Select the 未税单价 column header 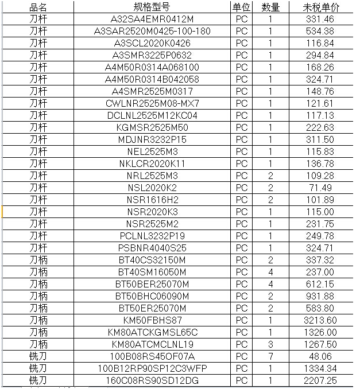click(x=321, y=7)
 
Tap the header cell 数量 click(x=270, y=7)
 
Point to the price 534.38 click(x=321, y=32)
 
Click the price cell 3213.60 click(x=321, y=320)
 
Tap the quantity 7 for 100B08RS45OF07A click(x=270, y=356)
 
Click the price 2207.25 click(x=321, y=380)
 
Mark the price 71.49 click(x=321, y=188)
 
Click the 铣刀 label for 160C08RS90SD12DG click(x=38, y=380)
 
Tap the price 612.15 click(x=321, y=284)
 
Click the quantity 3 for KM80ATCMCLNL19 click(x=270, y=344)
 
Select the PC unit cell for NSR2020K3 click(x=242, y=212)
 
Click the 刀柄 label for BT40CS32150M click(x=38, y=260)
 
